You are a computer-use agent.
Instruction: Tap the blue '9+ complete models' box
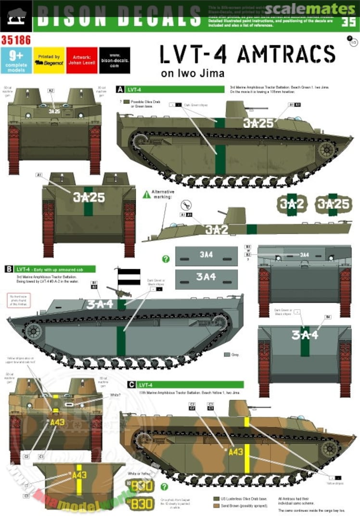(16, 60)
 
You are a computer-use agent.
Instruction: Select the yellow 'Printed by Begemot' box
(49, 60)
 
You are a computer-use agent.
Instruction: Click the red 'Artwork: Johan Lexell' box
(81, 60)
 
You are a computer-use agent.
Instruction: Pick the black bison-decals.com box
(115, 60)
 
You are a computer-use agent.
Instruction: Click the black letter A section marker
(120, 89)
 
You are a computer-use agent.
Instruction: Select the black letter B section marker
(9, 269)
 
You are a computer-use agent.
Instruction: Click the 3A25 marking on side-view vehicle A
(258, 123)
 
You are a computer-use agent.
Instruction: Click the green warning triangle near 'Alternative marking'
(146, 195)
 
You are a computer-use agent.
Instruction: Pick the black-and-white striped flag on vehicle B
(129, 277)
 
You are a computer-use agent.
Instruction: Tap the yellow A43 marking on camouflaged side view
(236, 452)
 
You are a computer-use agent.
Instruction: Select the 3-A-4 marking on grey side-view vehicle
(100, 304)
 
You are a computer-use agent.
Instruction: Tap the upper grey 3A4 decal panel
(206, 256)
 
